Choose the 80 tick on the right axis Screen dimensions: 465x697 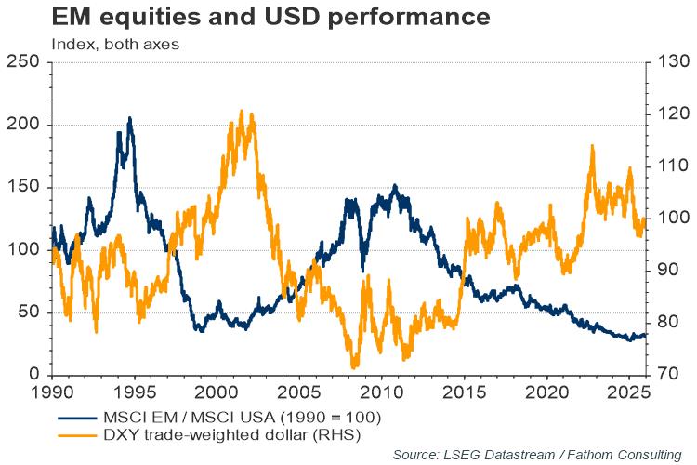pos(668,323)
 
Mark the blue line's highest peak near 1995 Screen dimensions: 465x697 pos(129,118)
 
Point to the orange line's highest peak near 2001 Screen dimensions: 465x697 pos(242,111)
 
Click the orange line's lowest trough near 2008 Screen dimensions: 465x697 pos(354,368)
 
